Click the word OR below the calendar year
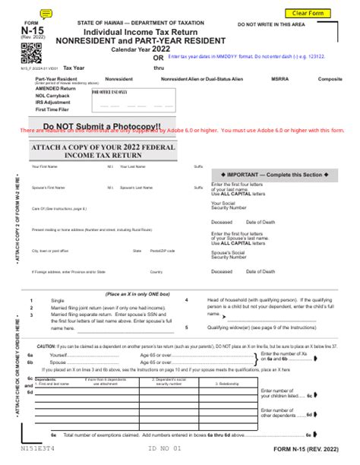pyautogui.click(x=158, y=58)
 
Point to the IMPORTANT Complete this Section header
pyautogui.click(x=272, y=173)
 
